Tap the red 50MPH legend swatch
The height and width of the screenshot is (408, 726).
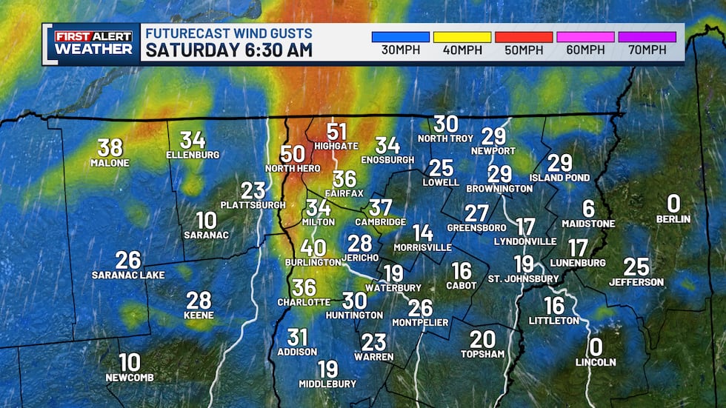(x=523, y=37)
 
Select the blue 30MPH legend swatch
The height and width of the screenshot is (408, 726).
(x=400, y=37)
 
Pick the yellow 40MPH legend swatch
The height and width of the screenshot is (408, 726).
(x=462, y=37)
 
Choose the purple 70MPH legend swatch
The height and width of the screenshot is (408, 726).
(x=646, y=37)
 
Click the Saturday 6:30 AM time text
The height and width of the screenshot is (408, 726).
(x=229, y=51)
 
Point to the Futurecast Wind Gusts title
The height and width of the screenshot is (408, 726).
(x=228, y=33)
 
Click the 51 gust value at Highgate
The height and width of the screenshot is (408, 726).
(x=336, y=132)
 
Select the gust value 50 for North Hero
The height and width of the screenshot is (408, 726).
(x=293, y=154)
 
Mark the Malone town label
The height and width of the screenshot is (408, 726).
(x=110, y=163)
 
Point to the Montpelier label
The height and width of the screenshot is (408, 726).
(x=420, y=322)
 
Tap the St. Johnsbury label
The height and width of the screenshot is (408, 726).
(x=523, y=278)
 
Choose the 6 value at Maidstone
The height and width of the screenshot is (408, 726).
(x=588, y=209)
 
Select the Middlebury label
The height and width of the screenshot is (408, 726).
(x=327, y=384)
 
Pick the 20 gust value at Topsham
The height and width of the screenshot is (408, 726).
(x=482, y=339)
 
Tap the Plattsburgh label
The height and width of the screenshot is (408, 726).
(x=253, y=204)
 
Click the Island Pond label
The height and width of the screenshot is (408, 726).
(x=559, y=178)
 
